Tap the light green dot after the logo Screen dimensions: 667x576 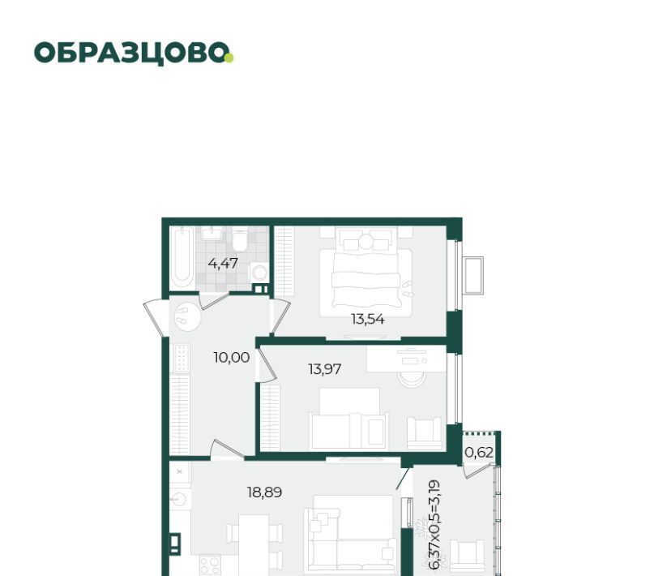pyautogui.click(x=229, y=58)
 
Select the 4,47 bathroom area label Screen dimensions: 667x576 pyautogui.click(x=223, y=264)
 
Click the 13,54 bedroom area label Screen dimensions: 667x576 pyautogui.click(x=367, y=319)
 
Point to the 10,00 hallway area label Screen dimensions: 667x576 pyautogui.click(x=232, y=358)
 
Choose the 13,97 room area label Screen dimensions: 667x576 pyautogui.click(x=324, y=369)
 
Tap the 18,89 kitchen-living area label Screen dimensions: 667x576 pyautogui.click(x=264, y=492)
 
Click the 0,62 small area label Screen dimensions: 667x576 pyautogui.click(x=479, y=452)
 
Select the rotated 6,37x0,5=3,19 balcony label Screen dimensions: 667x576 pyautogui.click(x=434, y=525)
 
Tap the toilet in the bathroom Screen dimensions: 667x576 pyautogui.click(x=240, y=239)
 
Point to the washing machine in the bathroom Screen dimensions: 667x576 pyautogui.click(x=259, y=273)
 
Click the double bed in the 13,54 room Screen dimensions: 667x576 pyautogui.click(x=366, y=271)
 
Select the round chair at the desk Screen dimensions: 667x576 pyautogui.click(x=413, y=376)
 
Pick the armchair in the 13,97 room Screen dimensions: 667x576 pyautogui.click(x=424, y=433)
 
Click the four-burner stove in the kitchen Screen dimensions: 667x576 pyautogui.click(x=210, y=565)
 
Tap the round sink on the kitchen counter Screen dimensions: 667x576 pyautogui.click(x=179, y=498)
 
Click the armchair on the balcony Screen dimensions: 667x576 pyautogui.click(x=467, y=556)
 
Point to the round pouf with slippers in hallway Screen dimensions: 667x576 pyautogui.click(x=187, y=316)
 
